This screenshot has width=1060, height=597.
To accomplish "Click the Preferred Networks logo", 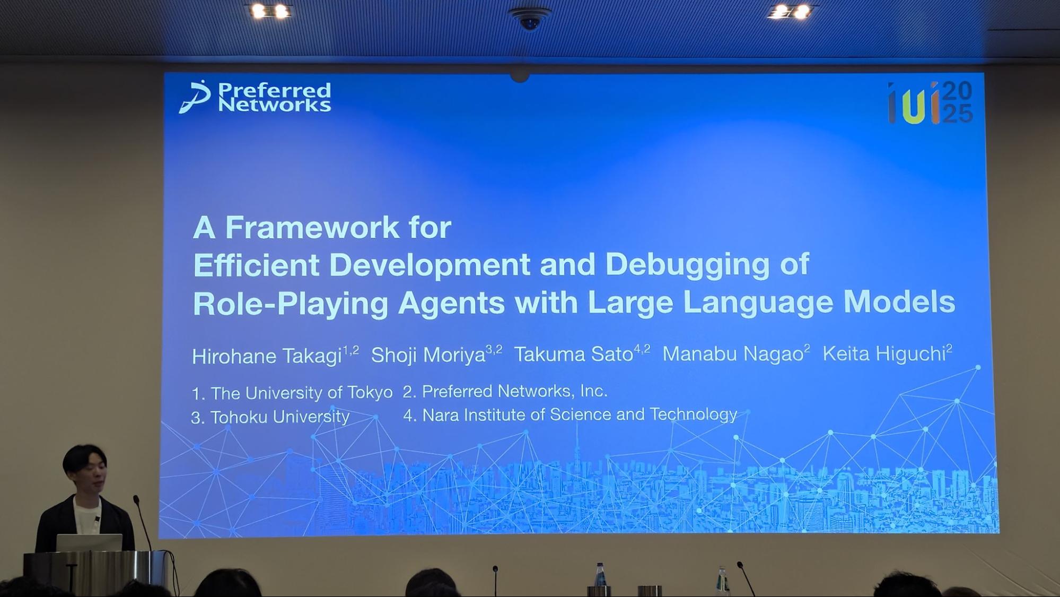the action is point(255,97).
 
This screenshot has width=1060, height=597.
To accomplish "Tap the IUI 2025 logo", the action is point(930,103).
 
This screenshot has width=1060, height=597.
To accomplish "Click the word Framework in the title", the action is point(312,227).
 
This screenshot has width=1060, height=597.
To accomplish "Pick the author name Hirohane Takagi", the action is point(267,356).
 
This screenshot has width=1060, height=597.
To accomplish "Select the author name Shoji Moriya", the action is point(428,354).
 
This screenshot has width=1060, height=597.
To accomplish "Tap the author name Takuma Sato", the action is point(574,353).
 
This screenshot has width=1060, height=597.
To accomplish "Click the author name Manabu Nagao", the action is point(733,353).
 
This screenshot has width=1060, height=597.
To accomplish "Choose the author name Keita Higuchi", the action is point(884,353).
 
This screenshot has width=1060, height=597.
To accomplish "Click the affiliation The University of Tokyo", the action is point(301,393).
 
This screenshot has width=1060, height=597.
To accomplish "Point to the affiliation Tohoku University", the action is point(280,417).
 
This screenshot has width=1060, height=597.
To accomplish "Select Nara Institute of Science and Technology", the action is point(580,414).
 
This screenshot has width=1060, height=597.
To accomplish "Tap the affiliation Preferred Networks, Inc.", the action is point(514,391).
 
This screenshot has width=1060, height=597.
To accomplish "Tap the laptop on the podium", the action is point(89,542).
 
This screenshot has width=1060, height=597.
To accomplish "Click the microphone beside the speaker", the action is point(143,523).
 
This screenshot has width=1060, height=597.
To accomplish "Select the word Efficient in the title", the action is point(256,264).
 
